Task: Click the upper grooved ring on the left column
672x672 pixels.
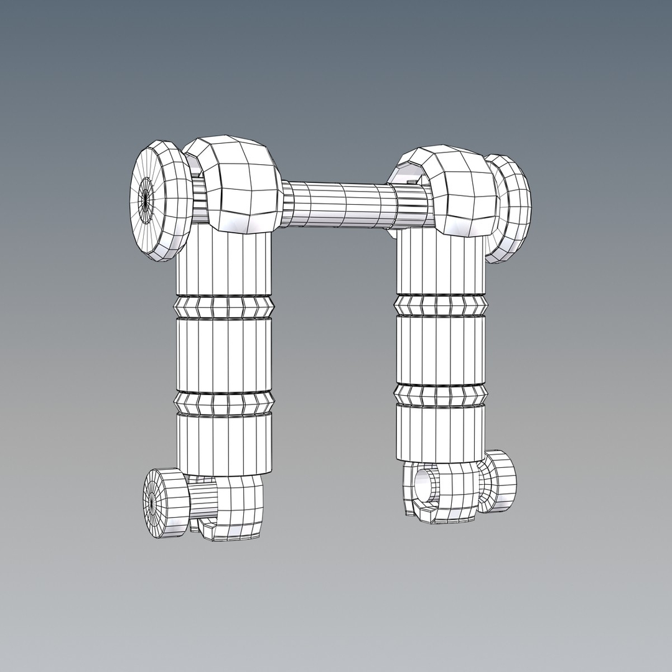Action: point(224,306)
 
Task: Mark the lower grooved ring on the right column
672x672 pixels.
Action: point(441,394)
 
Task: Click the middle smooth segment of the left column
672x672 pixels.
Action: point(224,355)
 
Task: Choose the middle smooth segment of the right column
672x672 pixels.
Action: point(441,349)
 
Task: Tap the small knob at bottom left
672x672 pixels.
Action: point(164,503)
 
